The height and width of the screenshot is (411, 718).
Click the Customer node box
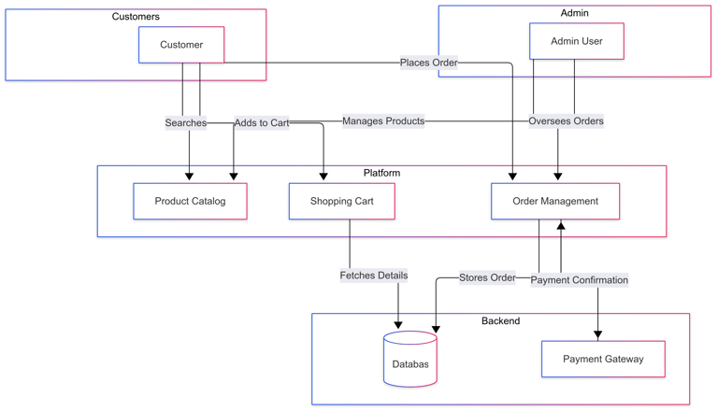pos(181,45)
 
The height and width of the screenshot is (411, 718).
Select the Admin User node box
pos(577,41)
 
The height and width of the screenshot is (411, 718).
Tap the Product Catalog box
pos(190,201)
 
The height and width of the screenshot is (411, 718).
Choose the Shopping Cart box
pos(342,201)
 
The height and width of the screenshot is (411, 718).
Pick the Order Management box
pos(555,201)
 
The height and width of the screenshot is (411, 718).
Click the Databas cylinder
pos(410,361)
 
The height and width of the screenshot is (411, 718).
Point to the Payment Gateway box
pos(603,359)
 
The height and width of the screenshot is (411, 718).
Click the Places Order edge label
pos(429,63)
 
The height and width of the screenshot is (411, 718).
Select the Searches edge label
pos(185,122)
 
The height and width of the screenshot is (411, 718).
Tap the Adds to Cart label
pos(262,122)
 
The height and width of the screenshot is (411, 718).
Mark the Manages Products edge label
pos(383,120)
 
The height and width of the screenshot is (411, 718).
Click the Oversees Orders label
pos(566,120)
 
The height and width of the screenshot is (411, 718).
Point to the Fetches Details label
pos(374,276)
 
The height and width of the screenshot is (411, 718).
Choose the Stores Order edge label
pos(487,277)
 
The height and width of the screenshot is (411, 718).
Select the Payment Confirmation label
pos(580,279)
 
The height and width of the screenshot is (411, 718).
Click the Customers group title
pos(136,17)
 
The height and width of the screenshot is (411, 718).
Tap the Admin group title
pos(575,13)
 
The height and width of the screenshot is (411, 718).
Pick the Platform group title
pos(381,173)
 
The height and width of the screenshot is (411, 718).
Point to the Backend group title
pos(500,320)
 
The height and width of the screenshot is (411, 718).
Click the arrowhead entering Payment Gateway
pos(598,334)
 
